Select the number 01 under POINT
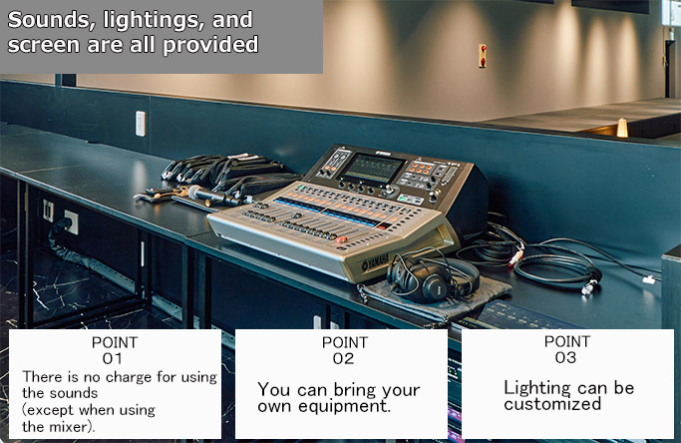tap(112, 358)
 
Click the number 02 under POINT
tap(343, 358)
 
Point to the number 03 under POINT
tap(565, 357)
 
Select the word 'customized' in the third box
tap(552, 404)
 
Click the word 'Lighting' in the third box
tap(537, 388)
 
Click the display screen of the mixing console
tap(372, 169)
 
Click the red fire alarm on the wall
tap(483, 56)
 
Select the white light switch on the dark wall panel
tap(141, 124)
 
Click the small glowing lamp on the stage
tap(622, 128)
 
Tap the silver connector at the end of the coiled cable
tap(589, 287)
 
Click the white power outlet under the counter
tap(71, 222)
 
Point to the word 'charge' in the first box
tap(129, 377)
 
